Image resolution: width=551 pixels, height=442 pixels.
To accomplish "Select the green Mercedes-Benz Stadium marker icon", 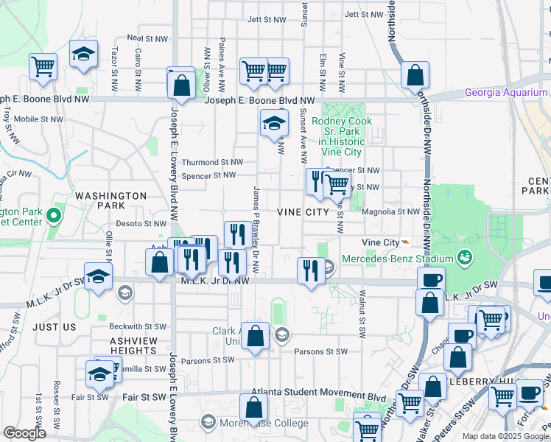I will tap(464, 258).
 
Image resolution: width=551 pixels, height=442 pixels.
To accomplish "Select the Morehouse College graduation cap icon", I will tap(208, 422).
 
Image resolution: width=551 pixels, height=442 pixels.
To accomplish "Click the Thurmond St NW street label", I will tap(212, 162).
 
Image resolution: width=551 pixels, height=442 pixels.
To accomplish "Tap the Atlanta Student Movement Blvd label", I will tap(318, 394).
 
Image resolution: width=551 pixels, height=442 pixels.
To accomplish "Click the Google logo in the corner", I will tap(24, 433).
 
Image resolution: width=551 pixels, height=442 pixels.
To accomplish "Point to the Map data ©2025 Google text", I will tap(505, 436).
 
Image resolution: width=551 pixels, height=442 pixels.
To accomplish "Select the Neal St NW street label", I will tap(144, 37).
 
